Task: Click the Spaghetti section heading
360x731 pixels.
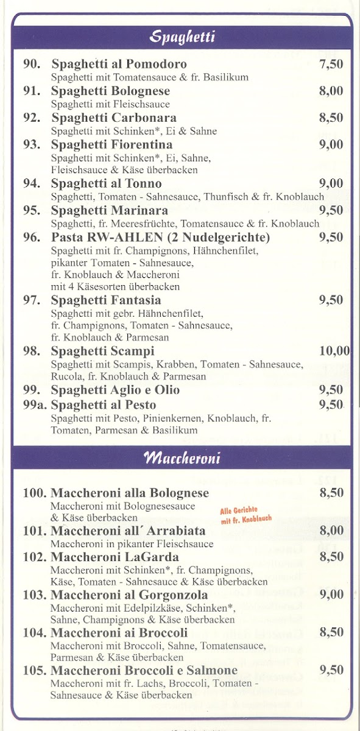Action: [x=182, y=38]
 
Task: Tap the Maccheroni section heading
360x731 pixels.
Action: [x=182, y=458]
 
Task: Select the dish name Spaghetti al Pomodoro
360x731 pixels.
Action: [x=119, y=65]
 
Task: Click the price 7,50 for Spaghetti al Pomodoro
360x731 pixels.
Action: [x=331, y=65]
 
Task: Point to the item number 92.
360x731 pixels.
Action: [x=32, y=118]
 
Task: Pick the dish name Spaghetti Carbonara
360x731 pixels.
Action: [x=114, y=118]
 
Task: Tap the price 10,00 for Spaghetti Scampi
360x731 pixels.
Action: [x=334, y=351]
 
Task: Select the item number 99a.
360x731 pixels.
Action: [x=35, y=405]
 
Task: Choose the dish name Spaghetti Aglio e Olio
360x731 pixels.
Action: [x=115, y=390]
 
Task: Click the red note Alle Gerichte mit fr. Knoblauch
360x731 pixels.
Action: [x=245, y=515]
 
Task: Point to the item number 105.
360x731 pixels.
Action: [x=35, y=671]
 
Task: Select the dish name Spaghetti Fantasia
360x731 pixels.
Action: [x=106, y=300]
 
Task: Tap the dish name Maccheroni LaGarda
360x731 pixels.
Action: [x=115, y=557]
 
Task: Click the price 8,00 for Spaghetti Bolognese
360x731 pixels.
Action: [x=331, y=91]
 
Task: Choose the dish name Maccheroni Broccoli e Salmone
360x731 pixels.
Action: [x=144, y=671]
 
